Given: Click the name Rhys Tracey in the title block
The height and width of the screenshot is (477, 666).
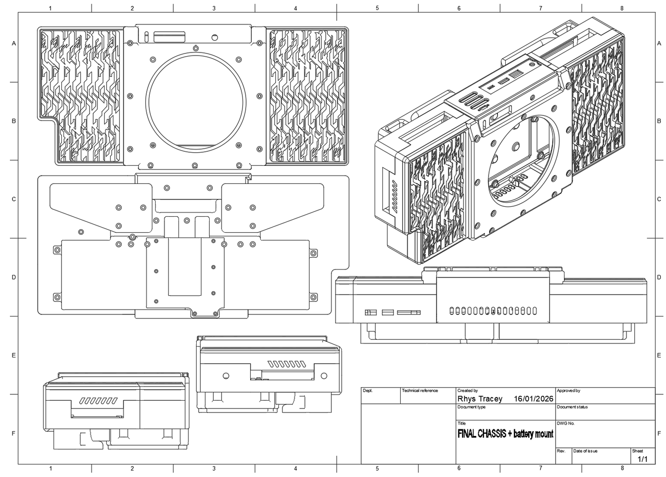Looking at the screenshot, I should pyautogui.click(x=480, y=399).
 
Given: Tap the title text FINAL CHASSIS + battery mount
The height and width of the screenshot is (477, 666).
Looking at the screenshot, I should pyautogui.click(x=505, y=434).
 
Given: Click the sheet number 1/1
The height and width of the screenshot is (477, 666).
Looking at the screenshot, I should pyautogui.click(x=643, y=459).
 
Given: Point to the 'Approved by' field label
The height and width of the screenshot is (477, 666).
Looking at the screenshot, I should pyautogui.click(x=568, y=391).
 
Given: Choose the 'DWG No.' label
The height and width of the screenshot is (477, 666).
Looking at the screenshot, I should pyautogui.click(x=566, y=423).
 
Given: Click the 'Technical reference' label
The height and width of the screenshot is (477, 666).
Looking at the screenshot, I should pyautogui.click(x=420, y=391).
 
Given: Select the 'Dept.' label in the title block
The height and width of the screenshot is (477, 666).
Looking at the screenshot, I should pyautogui.click(x=368, y=391).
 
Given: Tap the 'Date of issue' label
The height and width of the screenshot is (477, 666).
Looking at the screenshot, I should pyautogui.click(x=585, y=451).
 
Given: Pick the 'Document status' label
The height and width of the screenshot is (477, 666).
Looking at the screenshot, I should pyautogui.click(x=572, y=407).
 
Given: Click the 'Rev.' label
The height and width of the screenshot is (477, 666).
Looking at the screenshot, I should pyautogui.click(x=561, y=451).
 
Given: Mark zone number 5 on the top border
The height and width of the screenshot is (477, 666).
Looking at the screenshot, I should pyautogui.click(x=377, y=8).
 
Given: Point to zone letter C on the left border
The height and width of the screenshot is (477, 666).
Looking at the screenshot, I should pyautogui.click(x=14, y=199).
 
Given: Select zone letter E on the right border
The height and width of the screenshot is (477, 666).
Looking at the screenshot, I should pyautogui.click(x=659, y=355).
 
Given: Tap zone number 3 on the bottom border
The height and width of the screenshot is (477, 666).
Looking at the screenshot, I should pyautogui.click(x=214, y=469).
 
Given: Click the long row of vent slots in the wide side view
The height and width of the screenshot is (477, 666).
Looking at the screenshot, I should pyautogui.click(x=493, y=311).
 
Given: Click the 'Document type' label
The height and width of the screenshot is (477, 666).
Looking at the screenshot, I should pyautogui.click(x=471, y=407).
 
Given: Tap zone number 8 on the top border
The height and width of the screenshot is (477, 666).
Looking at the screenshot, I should pyautogui.click(x=622, y=8).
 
